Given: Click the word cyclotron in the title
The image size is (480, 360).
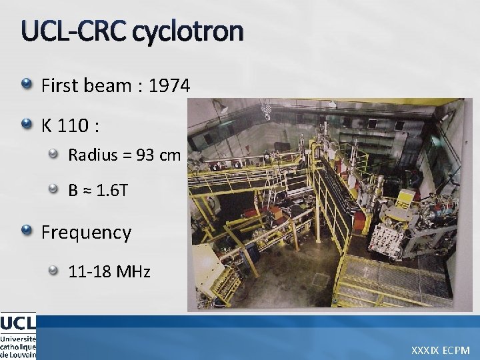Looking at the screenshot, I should (x=187, y=33).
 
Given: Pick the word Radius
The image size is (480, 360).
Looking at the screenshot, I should (x=91, y=155).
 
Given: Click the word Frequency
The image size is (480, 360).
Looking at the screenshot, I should (x=86, y=233).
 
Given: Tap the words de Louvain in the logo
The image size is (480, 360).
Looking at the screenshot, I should (x=18, y=355).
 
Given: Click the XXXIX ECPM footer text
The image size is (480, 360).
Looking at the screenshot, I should (x=441, y=349).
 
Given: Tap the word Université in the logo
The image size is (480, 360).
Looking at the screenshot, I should (x=18, y=338).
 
